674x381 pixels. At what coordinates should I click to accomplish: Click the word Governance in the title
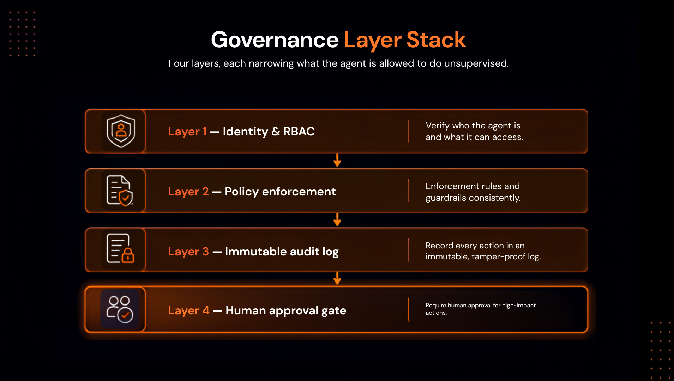tap(275, 40)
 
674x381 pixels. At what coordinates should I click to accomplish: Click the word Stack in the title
tap(436, 40)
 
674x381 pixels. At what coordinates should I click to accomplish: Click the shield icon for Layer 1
tap(121, 131)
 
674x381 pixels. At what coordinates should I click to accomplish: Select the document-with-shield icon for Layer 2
tap(120, 190)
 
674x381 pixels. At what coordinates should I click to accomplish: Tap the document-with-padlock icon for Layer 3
tap(120, 249)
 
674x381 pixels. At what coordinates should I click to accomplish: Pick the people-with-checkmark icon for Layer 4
tap(120, 309)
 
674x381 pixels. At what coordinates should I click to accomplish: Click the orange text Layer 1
tap(187, 132)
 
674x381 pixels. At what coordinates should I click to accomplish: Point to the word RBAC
tap(299, 131)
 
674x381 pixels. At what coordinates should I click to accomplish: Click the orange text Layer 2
tap(188, 192)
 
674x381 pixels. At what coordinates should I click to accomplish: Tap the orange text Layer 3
tap(188, 252)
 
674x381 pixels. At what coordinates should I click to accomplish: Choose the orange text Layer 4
tap(189, 310)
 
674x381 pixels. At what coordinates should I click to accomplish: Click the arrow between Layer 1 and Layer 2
tap(337, 160)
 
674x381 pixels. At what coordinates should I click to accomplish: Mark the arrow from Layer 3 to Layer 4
tap(337, 278)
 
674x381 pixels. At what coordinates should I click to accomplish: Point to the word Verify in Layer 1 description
tap(438, 126)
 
